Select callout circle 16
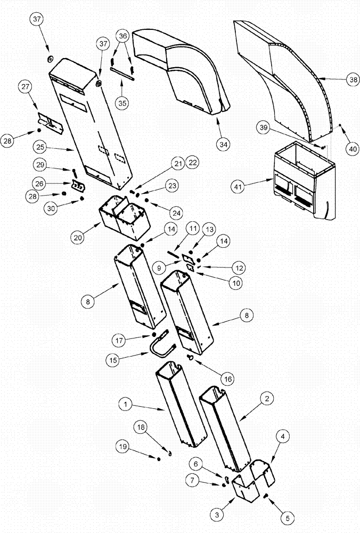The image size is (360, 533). tap(228, 379)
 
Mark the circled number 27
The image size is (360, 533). tap(25, 87)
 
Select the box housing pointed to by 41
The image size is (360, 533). tap(304, 181)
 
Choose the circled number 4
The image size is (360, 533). tap(283, 436)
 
